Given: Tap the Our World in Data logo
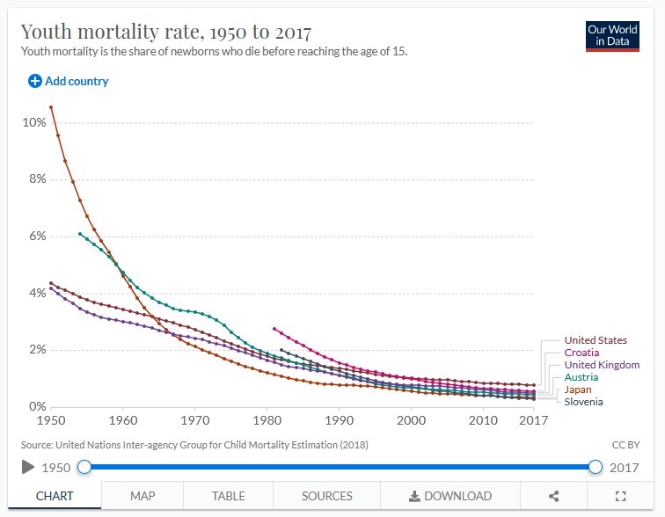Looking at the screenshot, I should pos(612,36).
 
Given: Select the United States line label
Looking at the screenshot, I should pos(596,340).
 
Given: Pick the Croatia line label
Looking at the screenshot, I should pos(581,353).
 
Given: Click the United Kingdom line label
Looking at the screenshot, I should pos(602,365).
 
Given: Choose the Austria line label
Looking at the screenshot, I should pos(581,377).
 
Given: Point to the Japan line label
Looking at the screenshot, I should pos(578,390).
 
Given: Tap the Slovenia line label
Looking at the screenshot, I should pos(583,402).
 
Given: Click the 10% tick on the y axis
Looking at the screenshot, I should pos(34,122).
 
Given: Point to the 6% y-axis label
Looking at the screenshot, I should pos(37,236).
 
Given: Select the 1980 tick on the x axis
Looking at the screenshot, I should pos(267,420).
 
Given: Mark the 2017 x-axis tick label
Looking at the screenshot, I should pos(532,420).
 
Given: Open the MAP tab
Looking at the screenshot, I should pos(142,496).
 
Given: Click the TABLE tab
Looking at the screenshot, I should pos(229,496).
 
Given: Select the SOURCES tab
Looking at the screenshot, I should pos(327,496).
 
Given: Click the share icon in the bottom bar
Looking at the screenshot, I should pos(553,496).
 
